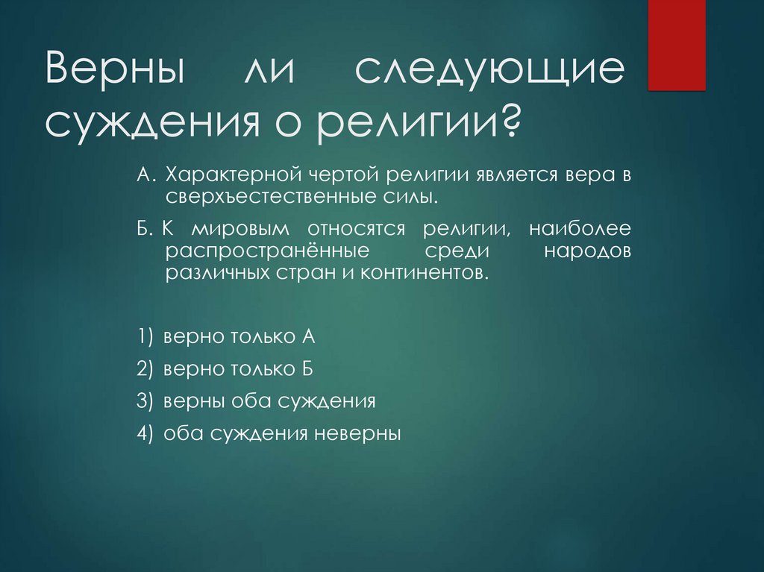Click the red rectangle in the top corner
676,45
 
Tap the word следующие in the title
489,73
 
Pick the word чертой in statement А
342,175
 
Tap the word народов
586,250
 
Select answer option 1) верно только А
227,336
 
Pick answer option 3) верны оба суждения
256,400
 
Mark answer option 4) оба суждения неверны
269,433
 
